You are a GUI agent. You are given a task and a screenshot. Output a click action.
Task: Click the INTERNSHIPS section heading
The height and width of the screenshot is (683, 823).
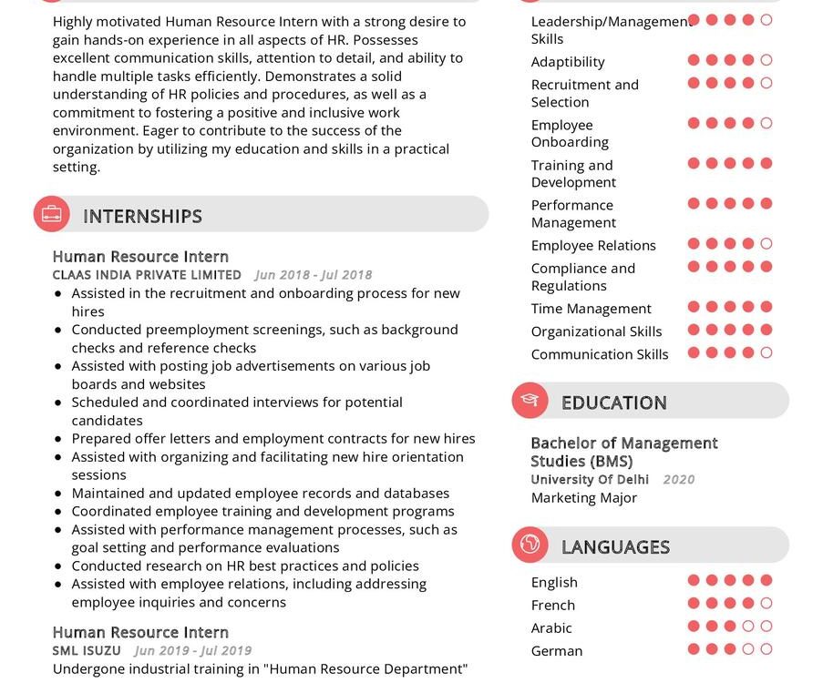pyautogui.click(x=142, y=216)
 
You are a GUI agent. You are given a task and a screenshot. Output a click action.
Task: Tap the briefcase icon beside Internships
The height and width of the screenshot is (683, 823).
pyautogui.click(x=52, y=215)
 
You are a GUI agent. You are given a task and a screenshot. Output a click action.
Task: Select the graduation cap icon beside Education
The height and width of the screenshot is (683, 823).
pyautogui.click(x=530, y=401)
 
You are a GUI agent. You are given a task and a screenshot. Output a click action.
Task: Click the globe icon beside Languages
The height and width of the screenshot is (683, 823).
pyautogui.click(x=530, y=545)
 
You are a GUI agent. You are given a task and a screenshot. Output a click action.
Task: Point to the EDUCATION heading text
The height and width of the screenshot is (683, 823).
pyautogui.click(x=613, y=403)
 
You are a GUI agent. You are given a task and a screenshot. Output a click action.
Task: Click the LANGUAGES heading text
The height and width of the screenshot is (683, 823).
pyautogui.click(x=615, y=547)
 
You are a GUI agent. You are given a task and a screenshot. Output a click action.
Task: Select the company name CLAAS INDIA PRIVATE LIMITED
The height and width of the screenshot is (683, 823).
pyautogui.click(x=147, y=275)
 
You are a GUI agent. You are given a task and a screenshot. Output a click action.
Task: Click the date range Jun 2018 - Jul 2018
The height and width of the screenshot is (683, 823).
pyautogui.click(x=314, y=275)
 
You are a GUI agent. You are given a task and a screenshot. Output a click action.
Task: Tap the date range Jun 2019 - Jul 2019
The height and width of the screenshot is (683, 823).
pyautogui.click(x=192, y=651)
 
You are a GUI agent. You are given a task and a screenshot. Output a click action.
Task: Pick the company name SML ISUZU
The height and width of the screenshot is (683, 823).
pyautogui.click(x=87, y=651)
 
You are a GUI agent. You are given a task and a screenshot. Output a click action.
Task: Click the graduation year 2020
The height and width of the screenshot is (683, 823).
pyautogui.click(x=678, y=480)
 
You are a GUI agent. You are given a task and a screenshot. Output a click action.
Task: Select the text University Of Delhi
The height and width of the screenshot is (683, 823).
pyautogui.click(x=590, y=480)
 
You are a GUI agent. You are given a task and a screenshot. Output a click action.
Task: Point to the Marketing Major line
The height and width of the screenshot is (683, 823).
pyautogui.click(x=584, y=498)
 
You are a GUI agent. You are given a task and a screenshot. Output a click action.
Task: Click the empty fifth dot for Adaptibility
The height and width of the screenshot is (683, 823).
pyautogui.click(x=766, y=60)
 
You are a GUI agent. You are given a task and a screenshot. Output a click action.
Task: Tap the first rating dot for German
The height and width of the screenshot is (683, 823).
pyautogui.click(x=694, y=649)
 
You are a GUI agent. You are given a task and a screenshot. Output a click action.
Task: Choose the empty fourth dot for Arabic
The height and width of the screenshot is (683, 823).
pyautogui.click(x=748, y=627)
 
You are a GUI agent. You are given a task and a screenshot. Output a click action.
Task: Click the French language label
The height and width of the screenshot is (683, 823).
pyautogui.click(x=553, y=606)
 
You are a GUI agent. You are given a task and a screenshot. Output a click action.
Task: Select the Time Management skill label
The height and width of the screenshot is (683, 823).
pyautogui.click(x=591, y=309)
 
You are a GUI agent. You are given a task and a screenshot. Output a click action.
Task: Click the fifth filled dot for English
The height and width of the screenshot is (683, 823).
pyautogui.click(x=766, y=580)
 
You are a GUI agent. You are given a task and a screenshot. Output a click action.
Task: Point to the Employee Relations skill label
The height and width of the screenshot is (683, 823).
pyautogui.click(x=593, y=246)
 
